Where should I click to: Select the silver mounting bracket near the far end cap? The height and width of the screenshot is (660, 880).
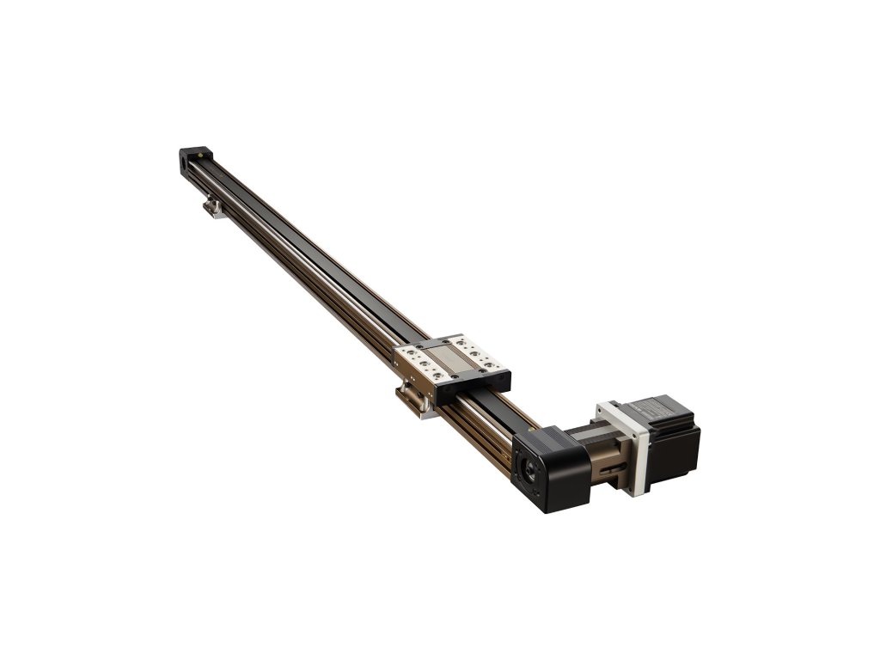pyautogui.click(x=214, y=207)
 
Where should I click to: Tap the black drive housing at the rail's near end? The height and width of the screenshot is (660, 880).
pyautogui.click(x=550, y=468)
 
